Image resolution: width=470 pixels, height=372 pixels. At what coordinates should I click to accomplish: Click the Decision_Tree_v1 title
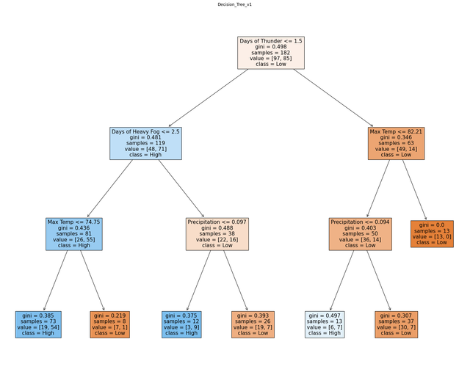coord(235,4)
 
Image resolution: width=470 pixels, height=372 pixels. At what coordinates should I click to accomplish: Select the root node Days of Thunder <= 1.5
coord(271,53)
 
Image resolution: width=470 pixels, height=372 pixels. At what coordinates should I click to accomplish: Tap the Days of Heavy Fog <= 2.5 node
coord(145,143)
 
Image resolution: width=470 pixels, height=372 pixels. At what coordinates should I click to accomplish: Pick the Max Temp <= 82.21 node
coord(397,143)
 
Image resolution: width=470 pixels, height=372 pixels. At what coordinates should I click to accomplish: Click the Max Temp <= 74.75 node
coord(74,234)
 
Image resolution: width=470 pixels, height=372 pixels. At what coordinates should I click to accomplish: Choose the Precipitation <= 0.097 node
coord(217,234)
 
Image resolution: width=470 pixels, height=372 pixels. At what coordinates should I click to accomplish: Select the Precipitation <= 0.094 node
coord(361,234)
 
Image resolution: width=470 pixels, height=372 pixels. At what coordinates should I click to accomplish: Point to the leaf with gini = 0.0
coord(432,234)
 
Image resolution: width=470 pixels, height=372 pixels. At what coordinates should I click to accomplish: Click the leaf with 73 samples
coord(38,324)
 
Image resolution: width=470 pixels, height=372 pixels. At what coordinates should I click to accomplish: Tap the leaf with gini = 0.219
coord(110,324)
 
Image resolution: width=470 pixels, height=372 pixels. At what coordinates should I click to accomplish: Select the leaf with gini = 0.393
coord(253,324)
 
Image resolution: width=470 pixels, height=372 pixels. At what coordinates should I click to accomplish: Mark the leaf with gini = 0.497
coord(325,324)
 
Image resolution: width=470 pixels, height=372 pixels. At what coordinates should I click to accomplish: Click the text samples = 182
coord(271,52)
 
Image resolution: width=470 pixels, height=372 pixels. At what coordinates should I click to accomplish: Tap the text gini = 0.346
coord(396,137)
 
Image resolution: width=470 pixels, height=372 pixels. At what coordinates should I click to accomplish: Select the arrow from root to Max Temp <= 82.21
coord(333,98)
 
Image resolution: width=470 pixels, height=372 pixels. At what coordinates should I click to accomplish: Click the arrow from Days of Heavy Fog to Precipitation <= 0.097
coord(181,189)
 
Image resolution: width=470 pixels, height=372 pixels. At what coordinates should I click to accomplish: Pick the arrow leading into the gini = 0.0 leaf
coord(414,190)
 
